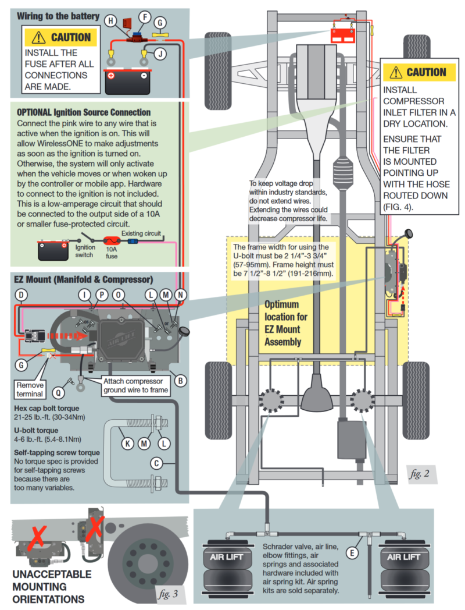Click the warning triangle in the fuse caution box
(x=38, y=37)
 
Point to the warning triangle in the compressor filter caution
(x=396, y=72)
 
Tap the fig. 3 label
(x=170, y=594)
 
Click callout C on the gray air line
(x=156, y=463)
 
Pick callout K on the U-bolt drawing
(x=127, y=443)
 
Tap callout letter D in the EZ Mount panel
(x=21, y=295)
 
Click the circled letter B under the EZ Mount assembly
(x=181, y=381)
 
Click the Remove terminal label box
(x=30, y=389)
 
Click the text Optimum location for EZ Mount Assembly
(x=283, y=323)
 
